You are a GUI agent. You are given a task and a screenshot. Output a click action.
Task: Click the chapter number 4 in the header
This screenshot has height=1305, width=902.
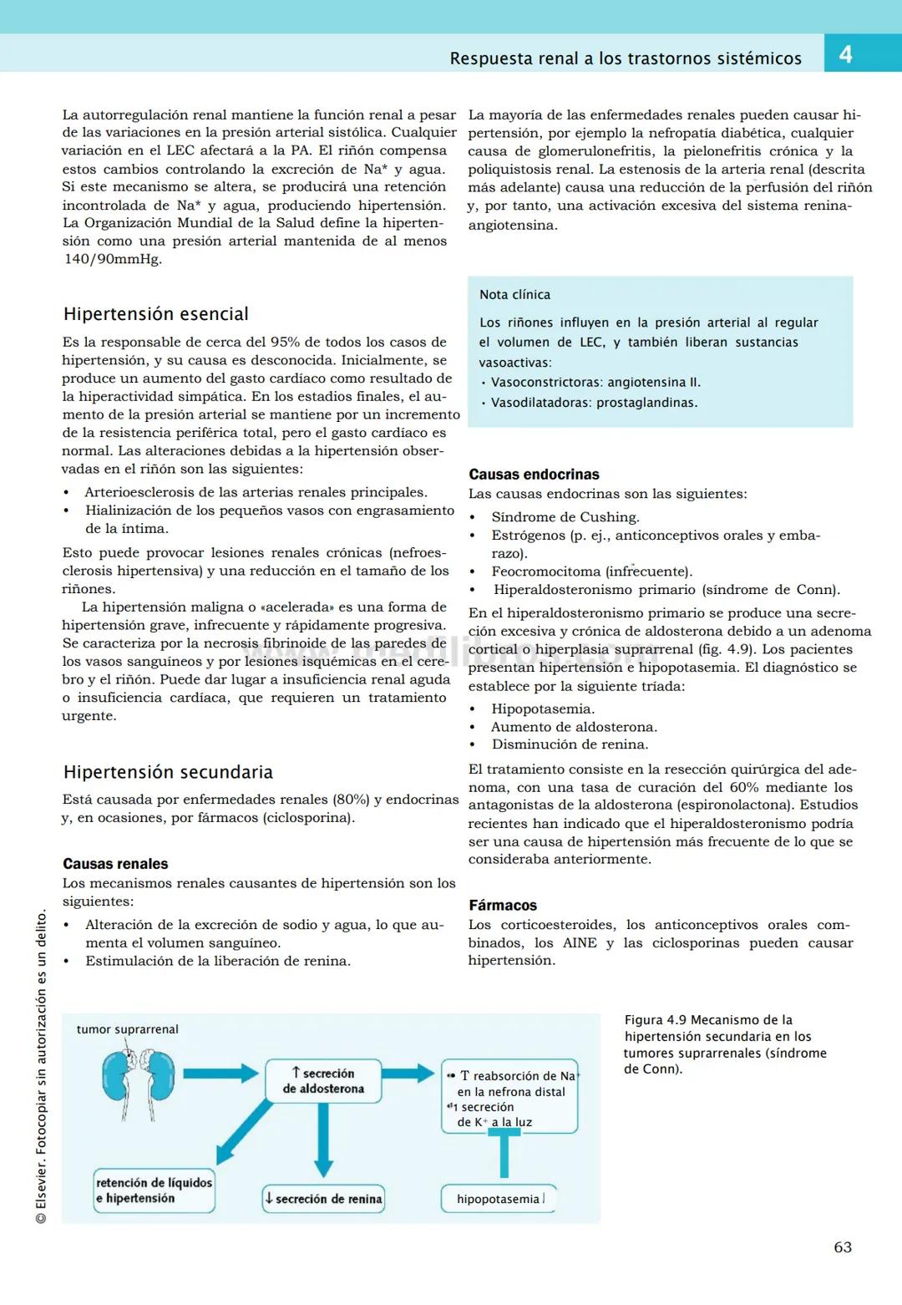coord(845,55)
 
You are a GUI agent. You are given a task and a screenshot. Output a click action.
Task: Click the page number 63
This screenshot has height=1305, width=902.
coord(843,1247)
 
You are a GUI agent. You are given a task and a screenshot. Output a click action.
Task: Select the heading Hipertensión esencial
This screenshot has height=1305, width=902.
coord(156,314)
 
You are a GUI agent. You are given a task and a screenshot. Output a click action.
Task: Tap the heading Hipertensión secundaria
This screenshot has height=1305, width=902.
coord(168,772)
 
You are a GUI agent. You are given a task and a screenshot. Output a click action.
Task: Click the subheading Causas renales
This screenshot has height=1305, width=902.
coord(115,864)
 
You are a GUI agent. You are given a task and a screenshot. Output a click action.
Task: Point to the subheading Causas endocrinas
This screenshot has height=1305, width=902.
coord(534,475)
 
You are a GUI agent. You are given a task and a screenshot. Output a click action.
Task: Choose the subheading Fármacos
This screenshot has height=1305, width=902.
coord(503,906)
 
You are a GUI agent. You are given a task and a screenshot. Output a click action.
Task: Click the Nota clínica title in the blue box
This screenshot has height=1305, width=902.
coord(514,295)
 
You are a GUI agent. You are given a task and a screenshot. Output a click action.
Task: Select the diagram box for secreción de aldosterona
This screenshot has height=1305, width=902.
coord(323,1081)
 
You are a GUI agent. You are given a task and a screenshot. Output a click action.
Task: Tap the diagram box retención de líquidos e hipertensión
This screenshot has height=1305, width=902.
coord(155,1191)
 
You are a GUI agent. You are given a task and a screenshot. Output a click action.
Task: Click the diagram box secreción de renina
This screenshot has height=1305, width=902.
coord(323,1199)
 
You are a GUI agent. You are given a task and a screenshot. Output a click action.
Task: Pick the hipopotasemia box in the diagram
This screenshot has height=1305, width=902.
coord(499,1199)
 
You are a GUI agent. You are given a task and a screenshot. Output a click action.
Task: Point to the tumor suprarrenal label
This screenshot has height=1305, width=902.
coord(127,1029)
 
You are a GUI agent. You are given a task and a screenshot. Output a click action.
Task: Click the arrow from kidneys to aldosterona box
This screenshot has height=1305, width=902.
coord(220,1074)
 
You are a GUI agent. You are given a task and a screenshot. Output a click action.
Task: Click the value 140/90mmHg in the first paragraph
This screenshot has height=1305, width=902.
coord(113,259)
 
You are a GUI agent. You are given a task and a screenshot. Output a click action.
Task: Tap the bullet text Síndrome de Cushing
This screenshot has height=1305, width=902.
coord(565,517)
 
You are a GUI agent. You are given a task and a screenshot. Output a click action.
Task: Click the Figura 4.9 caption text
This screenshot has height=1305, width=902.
coord(724,1044)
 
